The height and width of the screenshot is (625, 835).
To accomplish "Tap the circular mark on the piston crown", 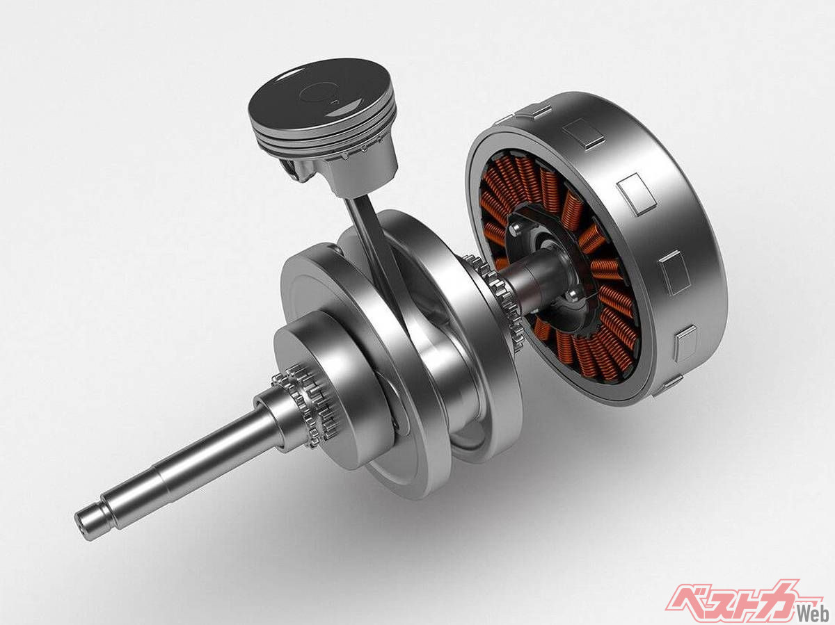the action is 319,93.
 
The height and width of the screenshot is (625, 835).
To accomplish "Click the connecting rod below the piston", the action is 374,243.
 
